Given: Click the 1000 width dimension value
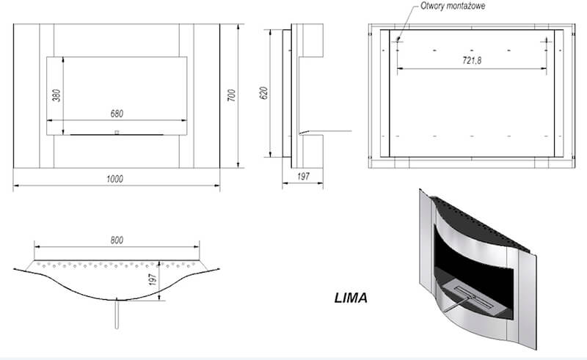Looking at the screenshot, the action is (x=114, y=179).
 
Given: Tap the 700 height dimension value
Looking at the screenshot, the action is (x=232, y=95).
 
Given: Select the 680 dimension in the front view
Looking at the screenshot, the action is (x=117, y=114).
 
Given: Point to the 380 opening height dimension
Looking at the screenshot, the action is (x=56, y=95).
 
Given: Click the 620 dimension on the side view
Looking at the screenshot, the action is (x=263, y=93).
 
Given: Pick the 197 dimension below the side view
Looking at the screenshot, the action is (x=303, y=176).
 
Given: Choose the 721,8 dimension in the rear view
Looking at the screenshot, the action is (x=472, y=60).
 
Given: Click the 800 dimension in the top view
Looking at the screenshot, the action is (x=117, y=240).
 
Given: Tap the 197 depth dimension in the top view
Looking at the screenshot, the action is (x=153, y=279).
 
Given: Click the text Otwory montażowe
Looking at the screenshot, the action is (x=453, y=6).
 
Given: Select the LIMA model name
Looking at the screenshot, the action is (x=351, y=298).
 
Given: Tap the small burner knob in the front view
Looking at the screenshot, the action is (x=117, y=132).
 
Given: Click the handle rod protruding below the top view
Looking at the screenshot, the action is (x=117, y=314).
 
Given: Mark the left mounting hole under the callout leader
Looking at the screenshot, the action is (x=398, y=40).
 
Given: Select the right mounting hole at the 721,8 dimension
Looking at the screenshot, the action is (x=546, y=41).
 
